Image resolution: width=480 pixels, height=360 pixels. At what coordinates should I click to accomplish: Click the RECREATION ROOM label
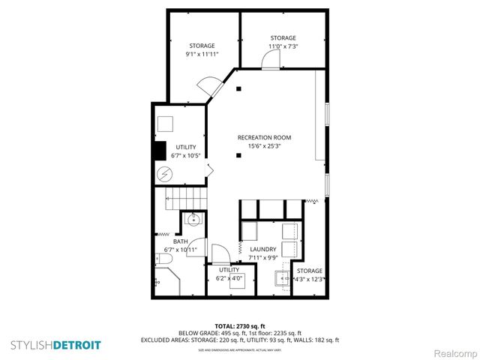coord(264,137)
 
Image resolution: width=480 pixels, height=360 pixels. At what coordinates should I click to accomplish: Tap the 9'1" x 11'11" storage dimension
coord(202,55)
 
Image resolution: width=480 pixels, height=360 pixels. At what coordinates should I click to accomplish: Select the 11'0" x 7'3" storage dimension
coord(283,46)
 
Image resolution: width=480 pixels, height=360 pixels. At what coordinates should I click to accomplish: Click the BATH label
coord(180,241)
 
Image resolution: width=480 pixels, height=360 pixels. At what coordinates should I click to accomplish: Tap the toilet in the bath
coord(164,259)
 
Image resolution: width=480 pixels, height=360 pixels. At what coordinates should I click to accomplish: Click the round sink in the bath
coord(193,220)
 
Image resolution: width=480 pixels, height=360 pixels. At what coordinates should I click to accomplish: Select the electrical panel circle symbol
coord(164,174)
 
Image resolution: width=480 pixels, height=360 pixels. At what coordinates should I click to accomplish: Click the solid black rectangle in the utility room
coord(160,150)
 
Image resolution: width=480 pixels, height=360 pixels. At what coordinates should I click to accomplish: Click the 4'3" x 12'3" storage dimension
coord(310,279)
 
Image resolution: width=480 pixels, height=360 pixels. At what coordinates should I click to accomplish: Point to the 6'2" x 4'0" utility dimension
coord(229,278)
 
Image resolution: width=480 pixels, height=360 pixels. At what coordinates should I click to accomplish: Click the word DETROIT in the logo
coord(76,345)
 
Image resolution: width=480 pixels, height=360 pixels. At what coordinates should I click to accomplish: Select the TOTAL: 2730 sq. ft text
coord(240,325)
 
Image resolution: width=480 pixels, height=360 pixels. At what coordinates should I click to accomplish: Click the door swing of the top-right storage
coord(269,65)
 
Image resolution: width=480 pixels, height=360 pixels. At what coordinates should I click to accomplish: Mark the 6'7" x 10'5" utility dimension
coord(186,155)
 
